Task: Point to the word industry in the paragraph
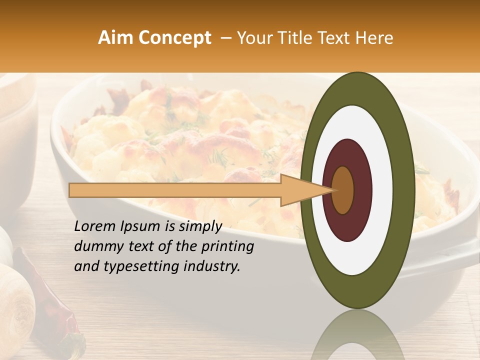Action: [x=212, y=266]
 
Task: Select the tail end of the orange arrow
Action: [x=72, y=190]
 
